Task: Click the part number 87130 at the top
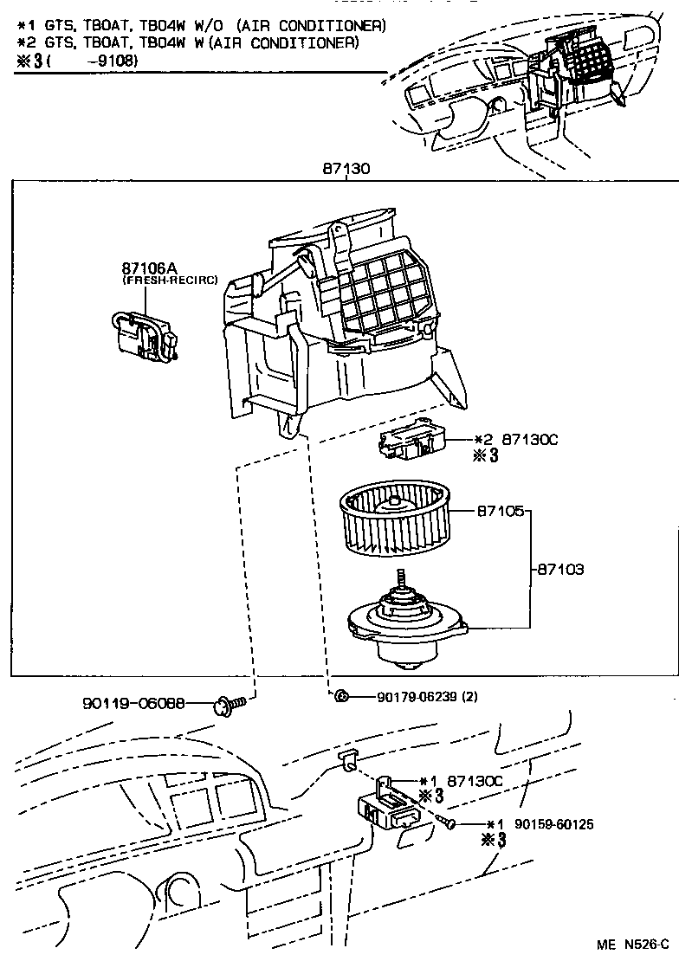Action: point(346,169)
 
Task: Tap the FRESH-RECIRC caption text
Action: point(170,281)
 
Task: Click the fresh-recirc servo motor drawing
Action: point(145,334)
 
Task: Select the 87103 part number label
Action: point(560,570)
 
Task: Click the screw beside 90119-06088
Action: point(230,706)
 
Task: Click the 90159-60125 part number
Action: point(553,824)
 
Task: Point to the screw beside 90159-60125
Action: point(448,822)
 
